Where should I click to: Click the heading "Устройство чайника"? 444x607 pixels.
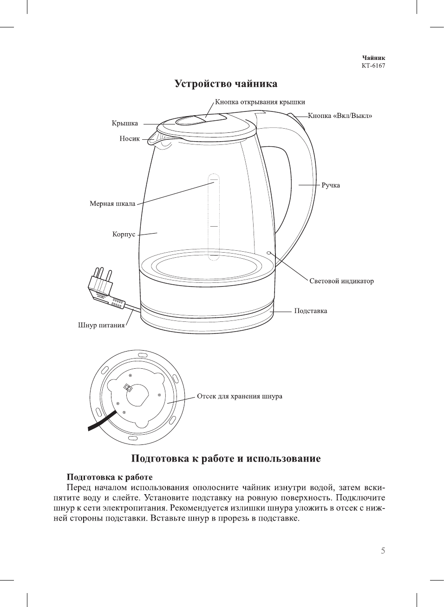[x=226, y=84]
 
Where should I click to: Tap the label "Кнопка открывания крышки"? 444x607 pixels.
[x=260, y=102]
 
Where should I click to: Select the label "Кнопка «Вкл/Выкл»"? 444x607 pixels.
[x=340, y=116]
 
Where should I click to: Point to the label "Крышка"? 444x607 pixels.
[x=124, y=124]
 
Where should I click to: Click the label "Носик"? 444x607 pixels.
[x=130, y=138]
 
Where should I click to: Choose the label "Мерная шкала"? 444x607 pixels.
[x=112, y=203]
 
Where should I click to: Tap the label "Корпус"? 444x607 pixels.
[x=124, y=234]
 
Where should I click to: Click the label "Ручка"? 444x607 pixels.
[x=331, y=185]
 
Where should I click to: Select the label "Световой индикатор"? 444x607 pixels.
[x=341, y=281]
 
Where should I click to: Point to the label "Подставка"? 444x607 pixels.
[x=310, y=311]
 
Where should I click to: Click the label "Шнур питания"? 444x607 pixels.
[x=101, y=325]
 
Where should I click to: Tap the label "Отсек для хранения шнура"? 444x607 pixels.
[x=239, y=396]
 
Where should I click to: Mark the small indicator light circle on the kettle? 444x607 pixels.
[x=269, y=253]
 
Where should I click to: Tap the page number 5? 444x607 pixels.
[x=383, y=551]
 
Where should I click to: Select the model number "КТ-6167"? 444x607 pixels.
[x=373, y=65]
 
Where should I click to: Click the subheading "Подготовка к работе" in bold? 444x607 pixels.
[x=110, y=477]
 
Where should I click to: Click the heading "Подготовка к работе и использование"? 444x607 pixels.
[x=226, y=459]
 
